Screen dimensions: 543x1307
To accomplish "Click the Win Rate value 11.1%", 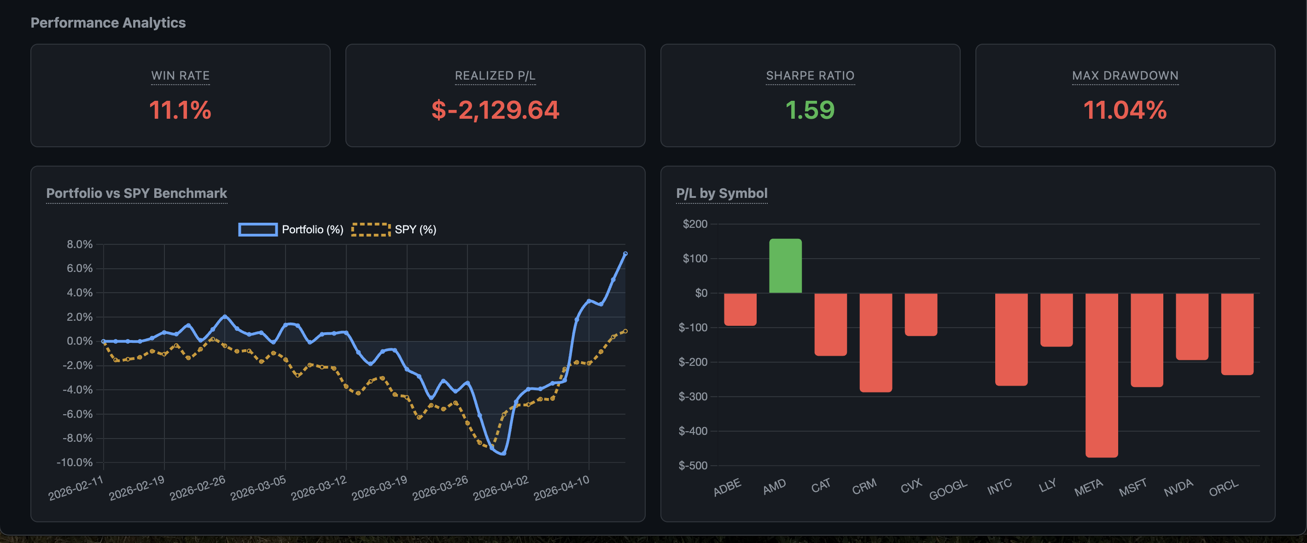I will pos(180,110).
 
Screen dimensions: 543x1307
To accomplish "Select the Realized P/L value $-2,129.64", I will pos(495,110).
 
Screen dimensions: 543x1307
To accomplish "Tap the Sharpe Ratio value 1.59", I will pos(810,110).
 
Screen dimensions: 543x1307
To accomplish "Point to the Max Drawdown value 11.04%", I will pos(1125,110).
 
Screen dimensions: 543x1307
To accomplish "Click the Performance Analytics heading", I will pos(108,23).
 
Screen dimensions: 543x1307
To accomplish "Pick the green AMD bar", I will pos(785,266).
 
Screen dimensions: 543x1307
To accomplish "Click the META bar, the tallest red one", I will pos(1101,375).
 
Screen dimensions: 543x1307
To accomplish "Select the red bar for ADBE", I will pos(740,309).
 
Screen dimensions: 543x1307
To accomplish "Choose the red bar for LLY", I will pos(1056,320).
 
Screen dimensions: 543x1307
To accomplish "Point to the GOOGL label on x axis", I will pos(948,489).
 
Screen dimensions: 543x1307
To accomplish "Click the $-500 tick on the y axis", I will pos(693,465).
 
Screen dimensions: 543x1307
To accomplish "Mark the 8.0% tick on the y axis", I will pos(80,244).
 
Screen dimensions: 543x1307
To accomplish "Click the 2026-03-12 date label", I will pos(319,488).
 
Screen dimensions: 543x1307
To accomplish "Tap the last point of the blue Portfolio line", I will pos(625,254).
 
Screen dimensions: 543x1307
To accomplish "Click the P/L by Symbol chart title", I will pos(721,193).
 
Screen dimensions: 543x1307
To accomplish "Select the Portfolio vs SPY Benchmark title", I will pos(136,193).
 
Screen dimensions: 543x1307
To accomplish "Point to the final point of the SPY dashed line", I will pos(625,331).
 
